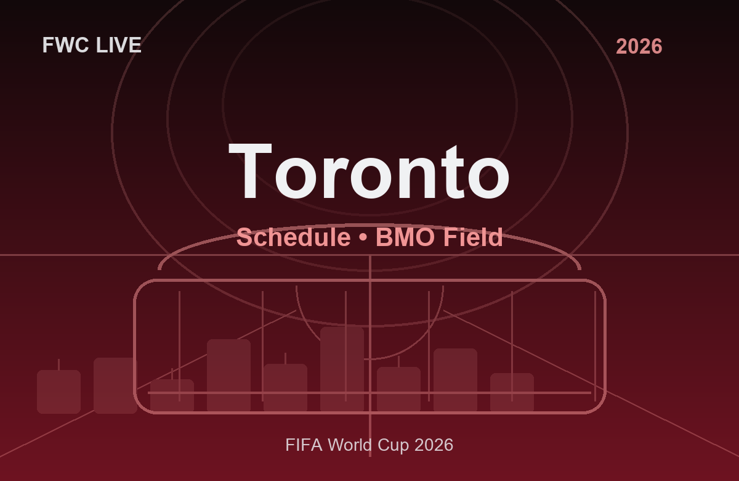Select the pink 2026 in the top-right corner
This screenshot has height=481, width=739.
(x=639, y=46)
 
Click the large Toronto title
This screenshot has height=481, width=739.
(x=369, y=172)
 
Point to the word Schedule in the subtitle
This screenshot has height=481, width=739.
(x=293, y=237)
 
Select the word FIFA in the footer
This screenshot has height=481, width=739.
(x=304, y=445)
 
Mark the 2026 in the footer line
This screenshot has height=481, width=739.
(x=434, y=445)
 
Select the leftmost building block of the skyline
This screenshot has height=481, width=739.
(x=59, y=392)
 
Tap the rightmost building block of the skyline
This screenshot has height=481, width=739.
(x=512, y=392)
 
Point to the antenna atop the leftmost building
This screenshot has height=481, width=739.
(x=59, y=364)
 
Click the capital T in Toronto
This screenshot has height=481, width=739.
(x=251, y=172)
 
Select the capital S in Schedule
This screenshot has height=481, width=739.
(x=245, y=237)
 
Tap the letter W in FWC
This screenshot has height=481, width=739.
(x=66, y=45)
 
